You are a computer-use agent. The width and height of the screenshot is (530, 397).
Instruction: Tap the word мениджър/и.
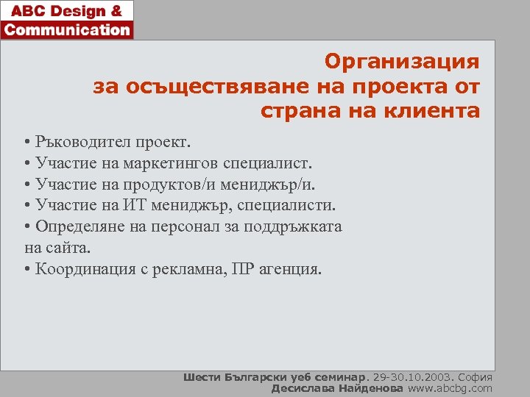[x=269, y=184]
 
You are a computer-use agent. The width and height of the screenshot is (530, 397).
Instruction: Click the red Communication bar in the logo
[x=67, y=30]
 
